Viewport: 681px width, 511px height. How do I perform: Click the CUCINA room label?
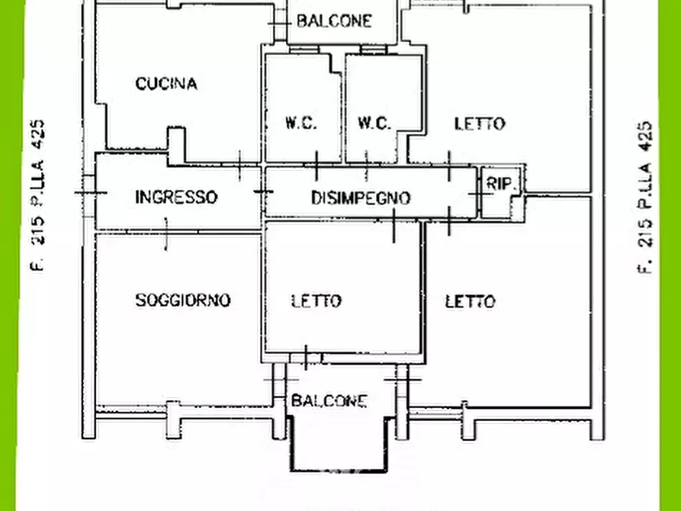coord(166,84)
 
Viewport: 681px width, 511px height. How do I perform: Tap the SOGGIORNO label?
coord(183,300)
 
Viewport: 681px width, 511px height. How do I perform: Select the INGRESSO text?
coord(176,198)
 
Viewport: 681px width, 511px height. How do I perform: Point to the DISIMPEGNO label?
coord(361,198)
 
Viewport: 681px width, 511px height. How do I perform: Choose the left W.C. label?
coord(301,123)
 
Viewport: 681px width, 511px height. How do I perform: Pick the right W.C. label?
coord(374,123)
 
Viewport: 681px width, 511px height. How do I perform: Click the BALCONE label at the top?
coord(334,21)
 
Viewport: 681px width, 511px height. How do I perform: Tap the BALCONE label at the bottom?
coord(329,401)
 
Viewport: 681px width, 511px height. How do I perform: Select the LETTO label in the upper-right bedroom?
coord(480,124)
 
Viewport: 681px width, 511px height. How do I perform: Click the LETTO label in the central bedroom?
coord(316,301)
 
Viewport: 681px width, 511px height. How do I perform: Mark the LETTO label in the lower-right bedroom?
coord(470,302)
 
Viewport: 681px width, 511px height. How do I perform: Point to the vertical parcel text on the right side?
coord(645,197)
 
